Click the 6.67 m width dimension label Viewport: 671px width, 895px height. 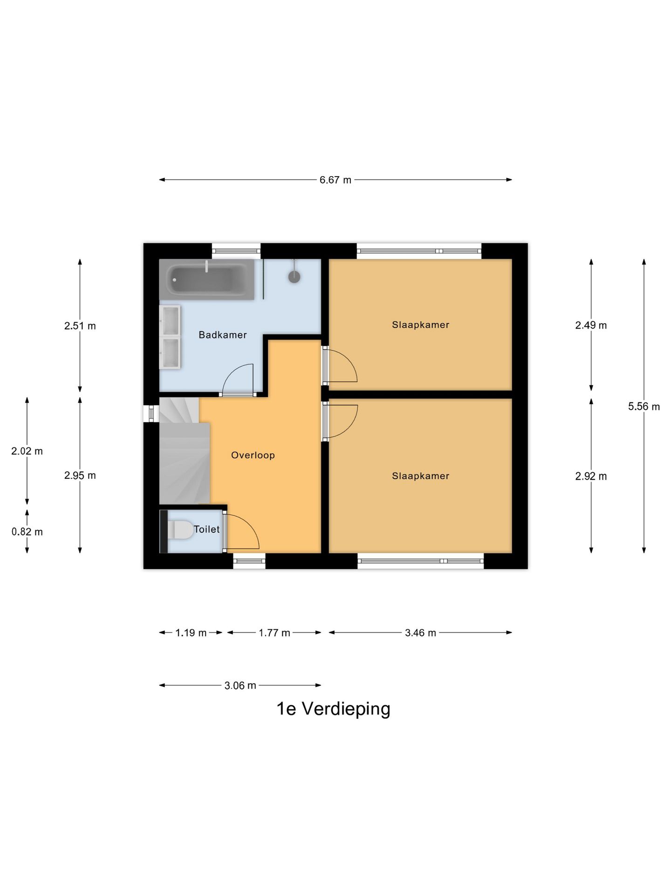coord(335,180)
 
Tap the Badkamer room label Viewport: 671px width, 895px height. coord(222,335)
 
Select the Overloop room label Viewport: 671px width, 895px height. coord(253,455)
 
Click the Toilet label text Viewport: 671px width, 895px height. coord(206,529)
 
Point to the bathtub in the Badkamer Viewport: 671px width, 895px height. coord(207,280)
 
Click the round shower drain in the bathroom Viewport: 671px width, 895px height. coord(294,277)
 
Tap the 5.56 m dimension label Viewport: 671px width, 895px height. coord(644,406)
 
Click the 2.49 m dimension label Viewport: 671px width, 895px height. coord(590,325)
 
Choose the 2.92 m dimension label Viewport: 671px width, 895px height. coord(590,476)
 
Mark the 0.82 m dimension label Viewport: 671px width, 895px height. coord(27,532)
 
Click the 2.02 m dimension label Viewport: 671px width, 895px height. coord(27,451)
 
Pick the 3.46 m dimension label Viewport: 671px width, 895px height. coord(420,633)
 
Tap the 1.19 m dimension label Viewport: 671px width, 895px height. coord(191,633)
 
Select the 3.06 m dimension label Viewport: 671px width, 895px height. coord(240,685)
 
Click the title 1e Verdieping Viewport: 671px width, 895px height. coord(333,709)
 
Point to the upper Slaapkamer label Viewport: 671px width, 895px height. coord(420,325)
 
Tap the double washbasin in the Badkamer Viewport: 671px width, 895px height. coord(170,337)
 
